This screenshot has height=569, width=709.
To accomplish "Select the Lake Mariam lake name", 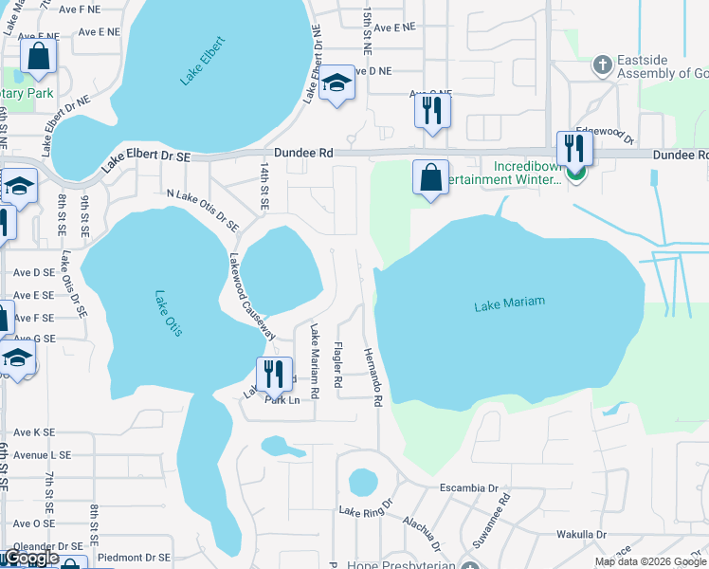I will [x=509, y=303].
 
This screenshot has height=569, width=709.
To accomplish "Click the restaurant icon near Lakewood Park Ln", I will [x=274, y=375].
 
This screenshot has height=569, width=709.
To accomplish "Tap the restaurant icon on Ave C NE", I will [x=431, y=112].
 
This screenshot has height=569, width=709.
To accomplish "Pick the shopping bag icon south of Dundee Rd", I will [x=431, y=177].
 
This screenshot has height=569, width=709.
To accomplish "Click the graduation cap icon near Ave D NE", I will [x=336, y=83].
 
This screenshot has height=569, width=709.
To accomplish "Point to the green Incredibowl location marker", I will [x=575, y=173].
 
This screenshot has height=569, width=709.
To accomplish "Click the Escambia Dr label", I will [x=468, y=488].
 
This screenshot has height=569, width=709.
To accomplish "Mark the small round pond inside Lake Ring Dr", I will [x=363, y=483].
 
